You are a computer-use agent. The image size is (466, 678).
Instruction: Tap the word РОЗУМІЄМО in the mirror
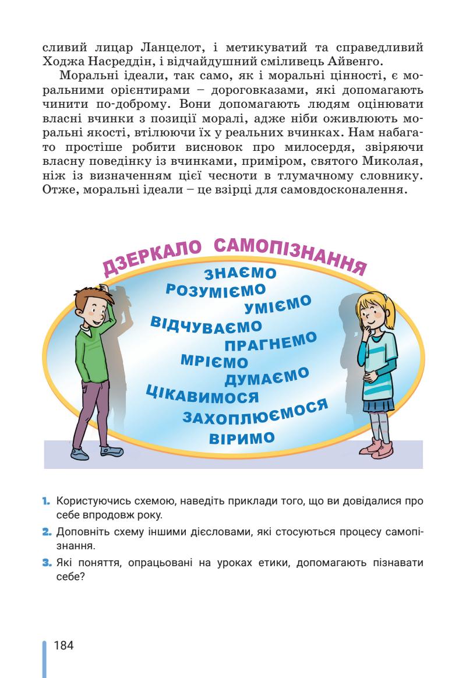(216, 289)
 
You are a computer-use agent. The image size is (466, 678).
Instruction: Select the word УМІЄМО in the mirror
(278, 304)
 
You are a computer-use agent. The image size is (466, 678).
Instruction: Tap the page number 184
(63, 645)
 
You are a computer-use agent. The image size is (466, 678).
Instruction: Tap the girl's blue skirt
(379, 404)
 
